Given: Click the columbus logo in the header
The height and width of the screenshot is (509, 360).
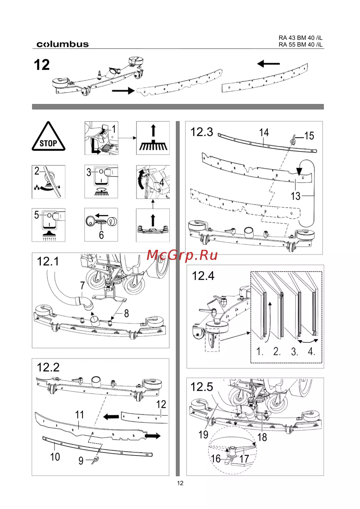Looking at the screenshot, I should [62, 44].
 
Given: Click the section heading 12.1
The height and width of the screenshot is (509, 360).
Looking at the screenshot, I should [48, 261].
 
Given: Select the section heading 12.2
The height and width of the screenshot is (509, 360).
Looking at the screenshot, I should [48, 367].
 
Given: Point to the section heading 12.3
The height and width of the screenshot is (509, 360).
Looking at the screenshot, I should [202, 132].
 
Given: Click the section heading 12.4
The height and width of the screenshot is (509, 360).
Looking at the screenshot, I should [203, 276].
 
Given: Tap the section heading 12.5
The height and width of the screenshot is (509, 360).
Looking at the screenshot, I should [202, 387].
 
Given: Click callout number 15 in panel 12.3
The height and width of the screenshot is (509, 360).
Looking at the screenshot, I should [309, 136].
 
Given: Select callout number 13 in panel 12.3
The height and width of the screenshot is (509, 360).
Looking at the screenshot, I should [296, 196].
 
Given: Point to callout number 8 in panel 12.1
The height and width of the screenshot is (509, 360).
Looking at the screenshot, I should [126, 314].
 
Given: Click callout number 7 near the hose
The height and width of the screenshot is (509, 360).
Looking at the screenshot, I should [82, 285].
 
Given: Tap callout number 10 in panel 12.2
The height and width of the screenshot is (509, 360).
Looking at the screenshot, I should [55, 457].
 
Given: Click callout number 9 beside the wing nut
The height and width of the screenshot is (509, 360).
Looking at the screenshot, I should [81, 461].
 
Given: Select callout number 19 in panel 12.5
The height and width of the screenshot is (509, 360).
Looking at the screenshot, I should [203, 435].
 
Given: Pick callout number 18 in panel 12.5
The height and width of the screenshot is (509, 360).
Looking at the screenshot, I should [262, 437].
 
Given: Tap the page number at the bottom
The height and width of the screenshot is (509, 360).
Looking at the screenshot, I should [180, 483].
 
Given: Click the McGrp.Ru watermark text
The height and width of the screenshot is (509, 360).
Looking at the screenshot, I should [182, 255].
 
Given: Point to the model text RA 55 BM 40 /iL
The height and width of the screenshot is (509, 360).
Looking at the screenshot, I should [300, 45].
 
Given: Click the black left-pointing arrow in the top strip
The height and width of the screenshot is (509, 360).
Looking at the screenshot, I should [268, 64].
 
